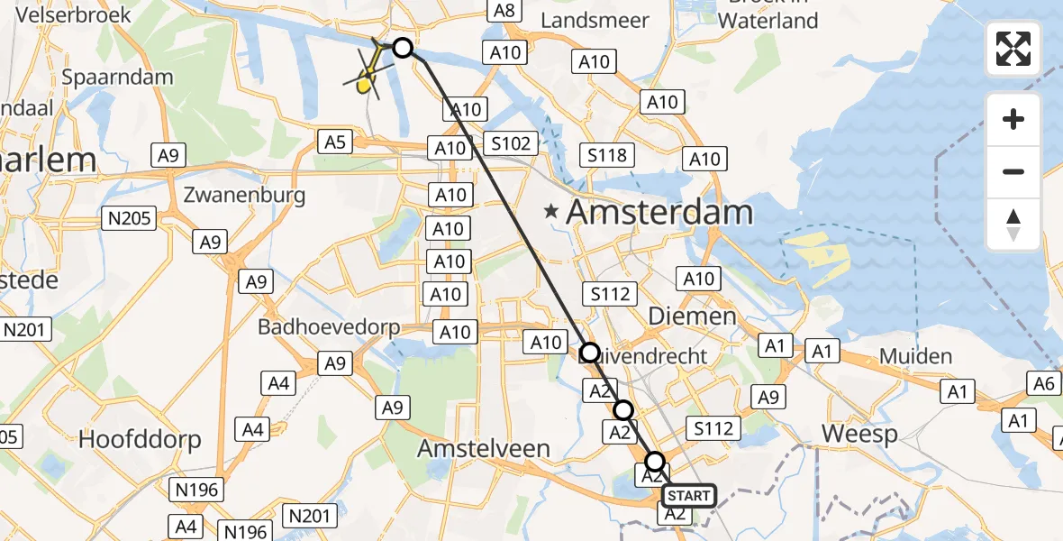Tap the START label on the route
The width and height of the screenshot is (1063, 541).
pos(689,496)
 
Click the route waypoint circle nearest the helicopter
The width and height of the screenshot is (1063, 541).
pos(403,48)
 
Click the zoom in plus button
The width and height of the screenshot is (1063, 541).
pos(1013,119)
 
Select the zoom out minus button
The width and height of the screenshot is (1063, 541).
pos(1013,171)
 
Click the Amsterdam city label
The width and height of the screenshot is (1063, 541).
pos(659,213)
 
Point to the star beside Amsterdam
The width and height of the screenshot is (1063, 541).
pos(550,213)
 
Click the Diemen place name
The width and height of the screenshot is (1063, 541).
pos(692,316)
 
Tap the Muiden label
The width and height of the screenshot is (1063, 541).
pos(916,356)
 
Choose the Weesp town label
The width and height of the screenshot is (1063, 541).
pos(859,435)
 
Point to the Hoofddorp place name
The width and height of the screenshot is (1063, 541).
pos(140,439)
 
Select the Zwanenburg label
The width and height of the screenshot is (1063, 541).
pos(244,195)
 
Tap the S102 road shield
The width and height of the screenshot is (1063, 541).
pos(511,142)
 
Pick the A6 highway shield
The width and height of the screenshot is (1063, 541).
pos(1043,384)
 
